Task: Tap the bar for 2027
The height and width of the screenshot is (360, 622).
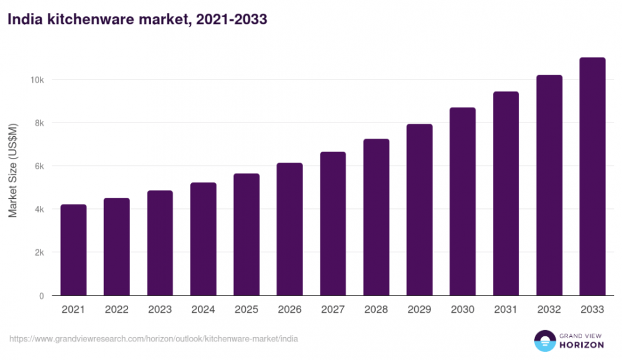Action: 333,224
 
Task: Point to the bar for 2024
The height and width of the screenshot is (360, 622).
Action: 203,239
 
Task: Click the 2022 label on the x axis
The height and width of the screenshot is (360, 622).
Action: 117,310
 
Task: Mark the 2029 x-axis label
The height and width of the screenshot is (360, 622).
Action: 419,310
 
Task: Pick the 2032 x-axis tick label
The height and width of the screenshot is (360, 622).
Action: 549,310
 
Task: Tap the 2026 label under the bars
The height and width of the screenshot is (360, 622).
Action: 290,310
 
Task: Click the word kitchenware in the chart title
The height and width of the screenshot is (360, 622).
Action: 81,20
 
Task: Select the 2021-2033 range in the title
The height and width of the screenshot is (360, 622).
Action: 231,20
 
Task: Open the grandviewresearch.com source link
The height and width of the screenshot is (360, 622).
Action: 154,339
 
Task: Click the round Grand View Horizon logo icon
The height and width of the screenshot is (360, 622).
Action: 545,341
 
